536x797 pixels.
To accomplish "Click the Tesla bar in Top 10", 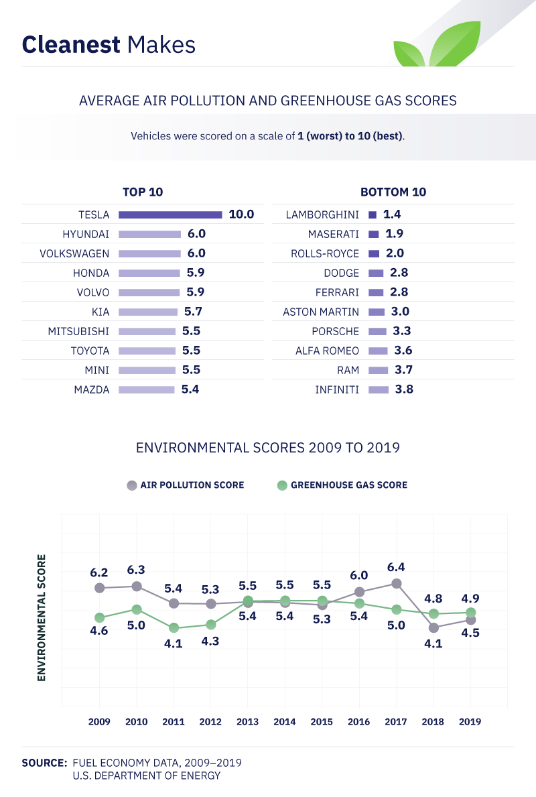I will click(x=170, y=214).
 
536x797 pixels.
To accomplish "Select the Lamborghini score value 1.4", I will click(x=392, y=214).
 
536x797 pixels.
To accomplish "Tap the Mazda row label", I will click(x=92, y=389).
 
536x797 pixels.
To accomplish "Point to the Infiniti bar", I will click(x=379, y=389).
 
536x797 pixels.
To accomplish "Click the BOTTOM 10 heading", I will click(x=393, y=192).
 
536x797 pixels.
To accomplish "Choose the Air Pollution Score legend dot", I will click(x=131, y=485).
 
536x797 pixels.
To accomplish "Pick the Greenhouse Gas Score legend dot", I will click(x=281, y=485).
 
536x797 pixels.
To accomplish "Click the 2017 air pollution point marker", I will click(x=397, y=583).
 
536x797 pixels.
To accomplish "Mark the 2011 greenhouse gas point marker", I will click(x=174, y=628).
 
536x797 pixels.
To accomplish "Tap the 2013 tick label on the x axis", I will click(x=248, y=722).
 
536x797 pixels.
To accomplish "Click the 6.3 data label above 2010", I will click(x=137, y=570).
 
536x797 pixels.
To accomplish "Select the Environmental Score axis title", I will click(x=42, y=617).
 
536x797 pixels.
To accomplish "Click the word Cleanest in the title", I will click(x=71, y=45).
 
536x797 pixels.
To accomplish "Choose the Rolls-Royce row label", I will click(x=325, y=253).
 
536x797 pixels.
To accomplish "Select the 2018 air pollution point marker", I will click(x=433, y=628).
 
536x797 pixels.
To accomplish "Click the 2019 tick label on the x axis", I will click(x=470, y=722).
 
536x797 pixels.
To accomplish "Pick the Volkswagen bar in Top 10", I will click(x=150, y=253).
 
